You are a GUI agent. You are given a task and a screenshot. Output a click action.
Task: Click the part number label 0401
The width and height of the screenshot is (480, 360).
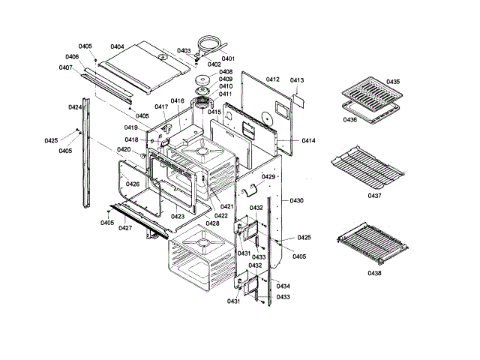(228, 58)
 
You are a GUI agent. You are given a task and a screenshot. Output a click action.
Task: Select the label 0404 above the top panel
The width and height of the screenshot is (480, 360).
(117, 47)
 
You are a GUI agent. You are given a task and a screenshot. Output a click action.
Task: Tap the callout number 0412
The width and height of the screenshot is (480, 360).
(272, 79)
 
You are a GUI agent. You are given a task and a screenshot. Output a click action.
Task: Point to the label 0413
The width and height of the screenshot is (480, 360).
(297, 80)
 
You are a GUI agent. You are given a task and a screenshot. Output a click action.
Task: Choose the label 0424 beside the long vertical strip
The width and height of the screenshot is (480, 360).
(74, 108)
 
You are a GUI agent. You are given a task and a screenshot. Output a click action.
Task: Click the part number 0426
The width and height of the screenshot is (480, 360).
(132, 184)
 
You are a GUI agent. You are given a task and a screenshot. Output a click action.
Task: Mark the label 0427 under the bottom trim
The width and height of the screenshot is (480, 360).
(125, 228)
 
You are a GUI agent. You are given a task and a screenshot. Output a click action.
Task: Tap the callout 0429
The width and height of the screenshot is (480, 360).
(268, 177)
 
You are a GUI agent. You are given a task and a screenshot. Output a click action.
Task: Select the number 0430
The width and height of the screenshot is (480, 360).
(297, 201)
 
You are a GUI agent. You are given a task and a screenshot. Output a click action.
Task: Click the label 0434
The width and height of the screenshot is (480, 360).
(283, 286)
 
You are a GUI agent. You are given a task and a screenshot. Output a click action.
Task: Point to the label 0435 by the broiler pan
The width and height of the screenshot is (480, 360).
(393, 82)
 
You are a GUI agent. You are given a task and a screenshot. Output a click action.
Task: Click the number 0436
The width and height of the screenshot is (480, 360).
(349, 119)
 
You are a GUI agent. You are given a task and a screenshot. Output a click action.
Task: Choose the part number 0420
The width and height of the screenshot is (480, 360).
(124, 150)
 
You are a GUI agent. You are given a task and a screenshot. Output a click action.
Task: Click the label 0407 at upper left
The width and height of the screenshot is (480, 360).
(66, 67)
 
